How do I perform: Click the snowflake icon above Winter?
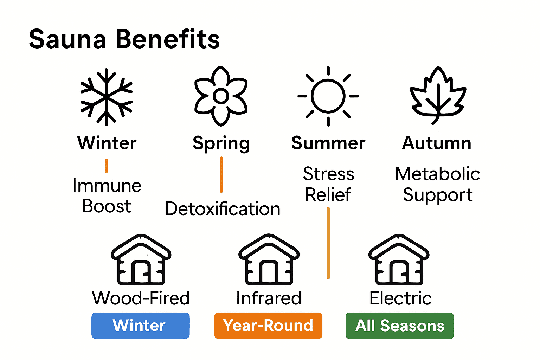coord(107,97)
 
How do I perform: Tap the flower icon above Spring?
coord(221,96)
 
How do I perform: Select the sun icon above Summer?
coord(328,96)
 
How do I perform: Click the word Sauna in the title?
coord(67,39)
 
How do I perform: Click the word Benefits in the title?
coord(167,39)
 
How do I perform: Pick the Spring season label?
coord(221,143)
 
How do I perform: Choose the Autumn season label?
coord(437,143)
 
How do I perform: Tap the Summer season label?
coord(328,143)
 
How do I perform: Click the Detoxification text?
coord(223,209)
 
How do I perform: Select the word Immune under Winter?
coord(107,186)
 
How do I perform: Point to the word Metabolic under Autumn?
coord(437,174)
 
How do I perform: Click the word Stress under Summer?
coord(328,174)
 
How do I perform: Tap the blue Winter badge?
coord(140,326)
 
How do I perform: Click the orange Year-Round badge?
coord(268,326)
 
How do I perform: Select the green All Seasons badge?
coord(399,326)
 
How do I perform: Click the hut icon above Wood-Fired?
coord(141,260)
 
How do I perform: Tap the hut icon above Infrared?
coord(269,260)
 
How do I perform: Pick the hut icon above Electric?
coord(399,260)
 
